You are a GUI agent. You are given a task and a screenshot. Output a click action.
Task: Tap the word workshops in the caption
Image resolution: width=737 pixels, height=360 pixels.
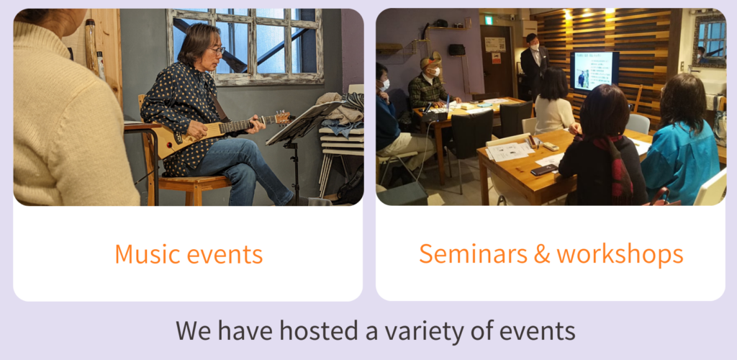point(620,253)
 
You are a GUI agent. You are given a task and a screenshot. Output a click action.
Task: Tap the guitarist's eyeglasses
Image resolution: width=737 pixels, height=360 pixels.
point(216,50)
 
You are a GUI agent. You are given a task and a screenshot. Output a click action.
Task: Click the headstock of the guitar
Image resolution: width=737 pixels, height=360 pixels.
point(283,117)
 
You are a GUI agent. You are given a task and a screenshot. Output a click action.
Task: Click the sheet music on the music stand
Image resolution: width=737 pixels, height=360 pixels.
point(305,122)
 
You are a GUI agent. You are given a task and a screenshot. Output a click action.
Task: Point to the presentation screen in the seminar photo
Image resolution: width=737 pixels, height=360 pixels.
point(594,71)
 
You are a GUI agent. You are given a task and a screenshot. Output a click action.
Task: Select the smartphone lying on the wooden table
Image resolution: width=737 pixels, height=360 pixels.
point(544,170)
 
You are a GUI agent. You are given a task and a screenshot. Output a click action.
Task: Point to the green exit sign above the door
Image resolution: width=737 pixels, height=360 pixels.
point(489,20)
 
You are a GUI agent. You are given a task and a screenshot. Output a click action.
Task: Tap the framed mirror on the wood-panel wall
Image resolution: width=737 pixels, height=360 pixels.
point(709,40)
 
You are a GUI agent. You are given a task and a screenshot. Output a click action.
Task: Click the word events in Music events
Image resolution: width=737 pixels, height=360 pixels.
point(225,254)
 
